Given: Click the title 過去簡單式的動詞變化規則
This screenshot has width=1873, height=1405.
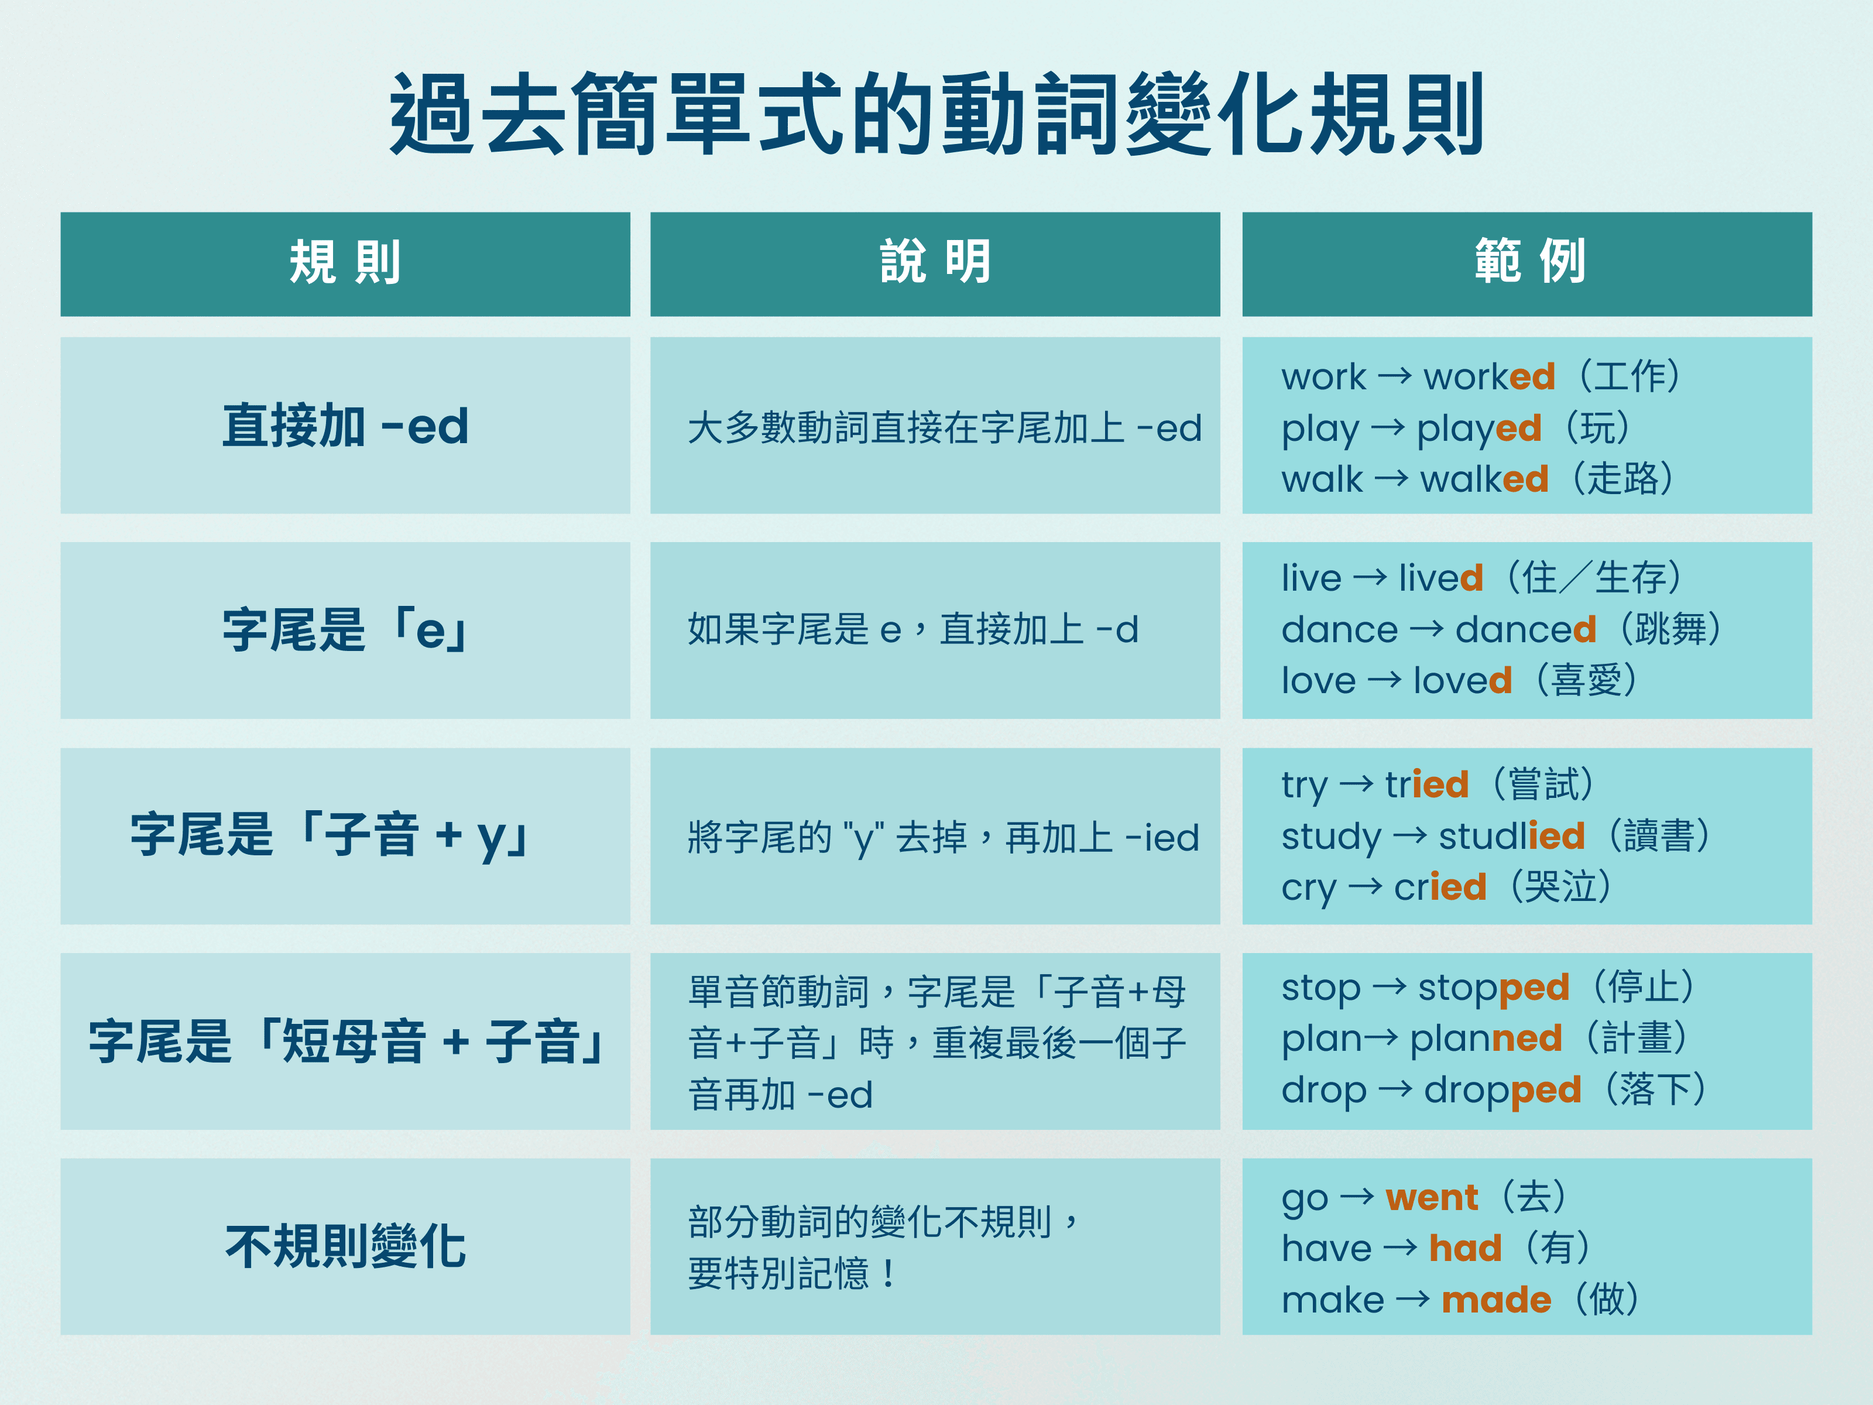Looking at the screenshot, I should [936, 114].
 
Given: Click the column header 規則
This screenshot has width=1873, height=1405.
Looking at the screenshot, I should [345, 262].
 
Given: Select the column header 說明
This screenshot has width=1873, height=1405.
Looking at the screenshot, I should [935, 262].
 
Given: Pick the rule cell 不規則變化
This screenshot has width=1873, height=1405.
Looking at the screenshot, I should [345, 1246].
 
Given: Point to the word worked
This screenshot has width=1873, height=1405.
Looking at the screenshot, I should [1488, 377].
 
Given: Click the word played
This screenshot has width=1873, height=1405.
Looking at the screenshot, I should [1478, 429].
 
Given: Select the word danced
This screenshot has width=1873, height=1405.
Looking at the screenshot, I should [1525, 630].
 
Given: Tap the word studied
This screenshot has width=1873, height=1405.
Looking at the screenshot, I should [1511, 837].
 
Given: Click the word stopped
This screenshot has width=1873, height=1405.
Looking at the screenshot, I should [1494, 988].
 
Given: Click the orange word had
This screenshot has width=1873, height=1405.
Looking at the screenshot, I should [1465, 1248].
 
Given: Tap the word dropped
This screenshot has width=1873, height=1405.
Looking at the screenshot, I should [1502, 1090].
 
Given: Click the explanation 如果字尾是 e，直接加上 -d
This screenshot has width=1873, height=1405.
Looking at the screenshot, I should [913, 630].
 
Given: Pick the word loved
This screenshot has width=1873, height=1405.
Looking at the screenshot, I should [1462, 681].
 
